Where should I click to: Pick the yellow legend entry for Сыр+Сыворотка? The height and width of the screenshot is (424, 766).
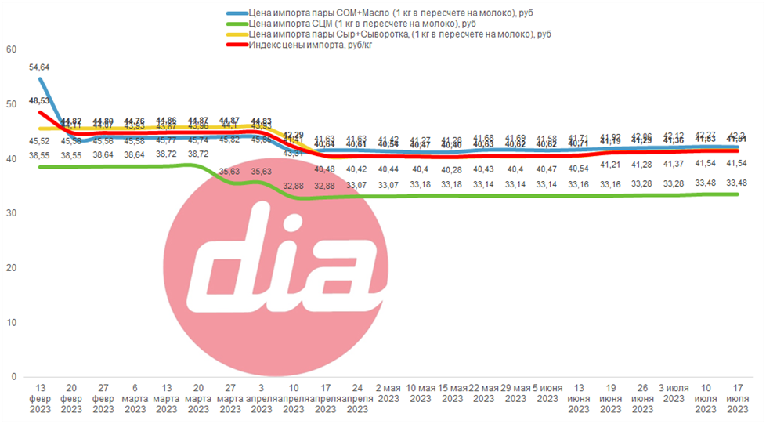[388, 34]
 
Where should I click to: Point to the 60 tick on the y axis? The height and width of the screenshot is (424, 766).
[10, 49]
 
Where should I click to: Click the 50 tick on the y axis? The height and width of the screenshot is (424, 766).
[10, 104]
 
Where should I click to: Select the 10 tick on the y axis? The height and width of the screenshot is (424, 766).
[10, 322]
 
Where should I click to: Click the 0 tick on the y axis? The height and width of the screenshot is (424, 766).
[13, 377]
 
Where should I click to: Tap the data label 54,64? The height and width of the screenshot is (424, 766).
[39, 68]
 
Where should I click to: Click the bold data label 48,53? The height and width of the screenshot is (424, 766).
[39, 101]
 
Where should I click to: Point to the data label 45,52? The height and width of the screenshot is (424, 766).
[39, 141]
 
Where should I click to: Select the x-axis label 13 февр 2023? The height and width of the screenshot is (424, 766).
[39, 398]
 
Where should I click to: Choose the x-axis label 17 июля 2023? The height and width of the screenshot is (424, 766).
[737, 398]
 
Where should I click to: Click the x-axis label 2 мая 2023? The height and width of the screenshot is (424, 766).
[388, 393]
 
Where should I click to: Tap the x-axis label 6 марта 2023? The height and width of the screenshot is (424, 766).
[135, 398]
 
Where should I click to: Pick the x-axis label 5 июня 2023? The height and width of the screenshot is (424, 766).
[547, 393]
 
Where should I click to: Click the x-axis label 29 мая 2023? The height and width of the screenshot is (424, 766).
[515, 393]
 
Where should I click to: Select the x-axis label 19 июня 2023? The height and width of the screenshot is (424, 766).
[610, 398]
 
